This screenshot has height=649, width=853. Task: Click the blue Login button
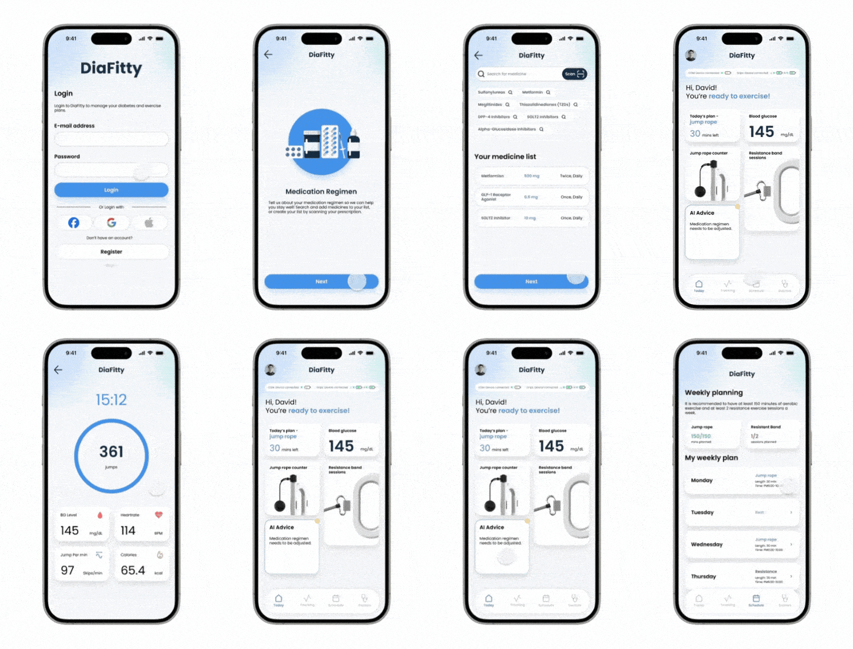111,190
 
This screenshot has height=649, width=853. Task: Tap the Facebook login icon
73,223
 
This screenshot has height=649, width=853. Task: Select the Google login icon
111,223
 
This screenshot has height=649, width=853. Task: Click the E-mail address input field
111,139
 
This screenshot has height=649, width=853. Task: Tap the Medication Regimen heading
321,191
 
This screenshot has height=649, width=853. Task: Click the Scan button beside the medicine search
574,74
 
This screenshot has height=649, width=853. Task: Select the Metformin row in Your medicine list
531,176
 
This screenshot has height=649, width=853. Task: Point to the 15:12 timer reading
111,400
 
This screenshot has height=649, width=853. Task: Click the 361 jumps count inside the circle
111,452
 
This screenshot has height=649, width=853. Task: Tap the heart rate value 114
128,530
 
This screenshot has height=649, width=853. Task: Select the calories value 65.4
133,570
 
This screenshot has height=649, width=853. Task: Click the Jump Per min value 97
68,570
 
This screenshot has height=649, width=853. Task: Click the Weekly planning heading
714,392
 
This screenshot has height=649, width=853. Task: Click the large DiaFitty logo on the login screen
111,68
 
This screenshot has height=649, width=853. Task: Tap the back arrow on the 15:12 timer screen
58,370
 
